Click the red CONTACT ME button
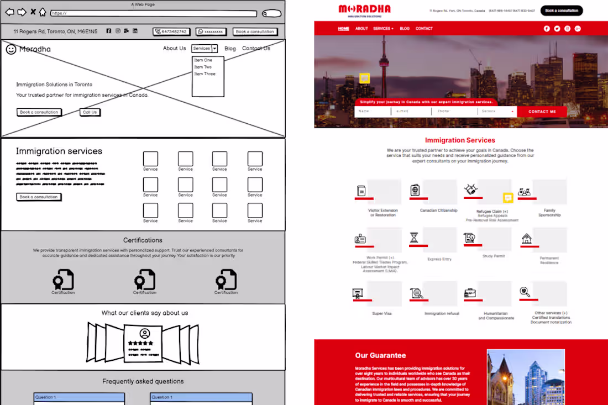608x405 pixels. [x=542, y=112]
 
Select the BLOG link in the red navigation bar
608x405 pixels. [x=405, y=29]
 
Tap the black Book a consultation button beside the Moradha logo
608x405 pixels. [x=561, y=10]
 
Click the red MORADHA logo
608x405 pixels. [x=364, y=9]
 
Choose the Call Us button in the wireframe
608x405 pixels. [x=90, y=112]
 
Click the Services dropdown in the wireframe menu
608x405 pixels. [x=205, y=49]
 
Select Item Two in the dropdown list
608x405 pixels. [x=203, y=67]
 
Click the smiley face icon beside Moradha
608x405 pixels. [x=11, y=49]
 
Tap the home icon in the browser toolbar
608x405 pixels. [x=43, y=12]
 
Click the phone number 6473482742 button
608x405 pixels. [x=171, y=32]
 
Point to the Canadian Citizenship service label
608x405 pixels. [x=438, y=211]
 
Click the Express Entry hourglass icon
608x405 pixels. [x=414, y=238]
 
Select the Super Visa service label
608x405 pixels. [x=381, y=313]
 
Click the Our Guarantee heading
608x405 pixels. [x=380, y=356]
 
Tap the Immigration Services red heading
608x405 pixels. [x=460, y=140]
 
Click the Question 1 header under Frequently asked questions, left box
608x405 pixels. [x=78, y=397]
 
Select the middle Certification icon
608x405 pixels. [x=145, y=280]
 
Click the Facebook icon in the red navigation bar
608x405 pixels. [x=547, y=29]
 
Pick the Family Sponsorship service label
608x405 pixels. [x=549, y=213]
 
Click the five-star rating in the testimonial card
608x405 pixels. [x=140, y=343]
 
